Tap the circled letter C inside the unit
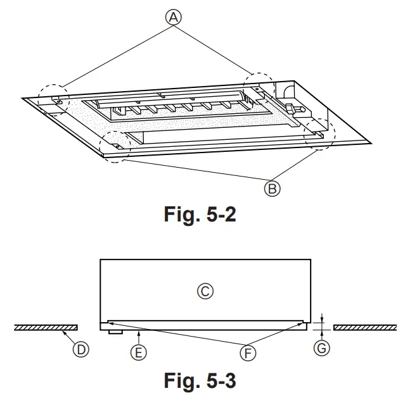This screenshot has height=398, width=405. [205, 292]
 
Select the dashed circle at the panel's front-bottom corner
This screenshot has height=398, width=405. [115, 147]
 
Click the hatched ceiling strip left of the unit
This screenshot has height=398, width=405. [45, 327]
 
